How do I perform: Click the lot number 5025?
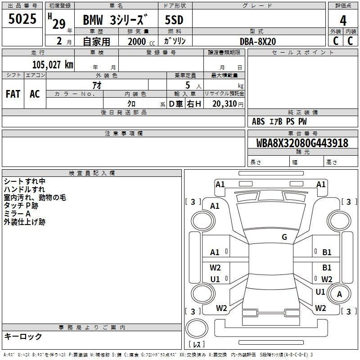pos(22,18)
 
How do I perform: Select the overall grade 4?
pos(343,20)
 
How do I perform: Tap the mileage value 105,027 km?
pos(53,64)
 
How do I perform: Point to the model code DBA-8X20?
pos(258,41)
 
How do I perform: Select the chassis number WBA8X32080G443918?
pos(302,143)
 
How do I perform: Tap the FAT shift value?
pos(13,94)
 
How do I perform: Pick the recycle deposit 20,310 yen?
pos(228,104)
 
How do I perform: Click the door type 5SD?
pos(174,20)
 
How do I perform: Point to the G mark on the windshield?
pos(284,237)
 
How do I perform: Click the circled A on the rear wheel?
pos(339,294)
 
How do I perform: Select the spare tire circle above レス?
pos(197,328)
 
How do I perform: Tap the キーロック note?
pos(23,336)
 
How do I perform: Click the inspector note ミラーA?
pos(17,214)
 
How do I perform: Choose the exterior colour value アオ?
pos(97,85)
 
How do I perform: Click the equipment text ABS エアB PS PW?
pos(279,121)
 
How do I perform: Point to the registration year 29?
pos(59,24)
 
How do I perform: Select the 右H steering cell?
pos(194,104)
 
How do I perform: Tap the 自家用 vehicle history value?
pos(96,41)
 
